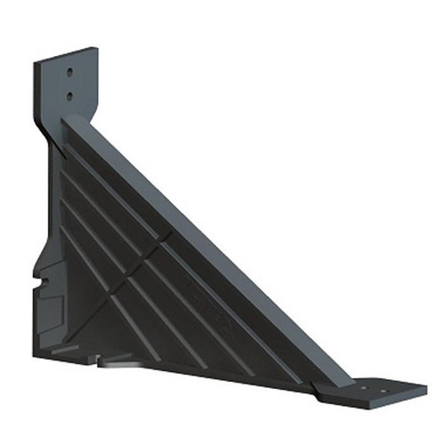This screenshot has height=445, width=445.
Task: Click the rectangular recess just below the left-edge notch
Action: [x=47, y=313]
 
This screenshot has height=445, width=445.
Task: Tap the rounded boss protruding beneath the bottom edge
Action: [x=120, y=364]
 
